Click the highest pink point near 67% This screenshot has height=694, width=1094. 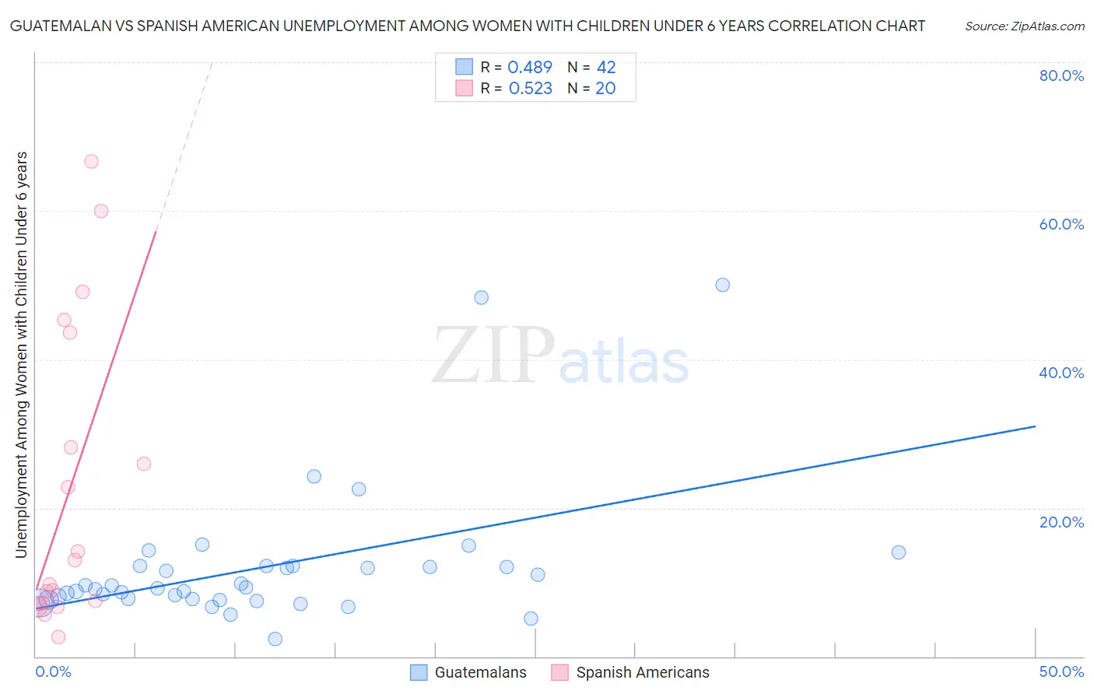pos(91,162)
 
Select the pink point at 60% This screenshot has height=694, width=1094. pos(101,211)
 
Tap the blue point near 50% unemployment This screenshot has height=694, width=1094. pos(722,285)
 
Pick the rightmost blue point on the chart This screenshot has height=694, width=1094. pos(898,552)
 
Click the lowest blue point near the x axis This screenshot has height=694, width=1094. pos(275,639)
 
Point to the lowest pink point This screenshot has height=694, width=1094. pos(58,637)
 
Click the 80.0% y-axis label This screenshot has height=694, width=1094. pos(1061,75)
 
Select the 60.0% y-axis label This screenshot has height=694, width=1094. pos(1061,224)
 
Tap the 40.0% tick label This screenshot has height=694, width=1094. pos(1061,373)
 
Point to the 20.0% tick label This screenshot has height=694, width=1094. pos(1061,522)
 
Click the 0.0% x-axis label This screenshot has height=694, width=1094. pos(53,671)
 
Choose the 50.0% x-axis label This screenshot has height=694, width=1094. pos(1061,671)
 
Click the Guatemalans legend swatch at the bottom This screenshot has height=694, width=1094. pos(419,673)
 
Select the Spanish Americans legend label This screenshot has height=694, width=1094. pos(643,673)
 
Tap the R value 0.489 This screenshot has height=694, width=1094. pos(530,68)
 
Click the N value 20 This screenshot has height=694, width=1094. pos(605,89)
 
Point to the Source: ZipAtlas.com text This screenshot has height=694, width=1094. pos(1024,26)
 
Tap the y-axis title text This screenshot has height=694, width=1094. pos(22,355)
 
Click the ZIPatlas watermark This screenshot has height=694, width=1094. pos(560,356)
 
